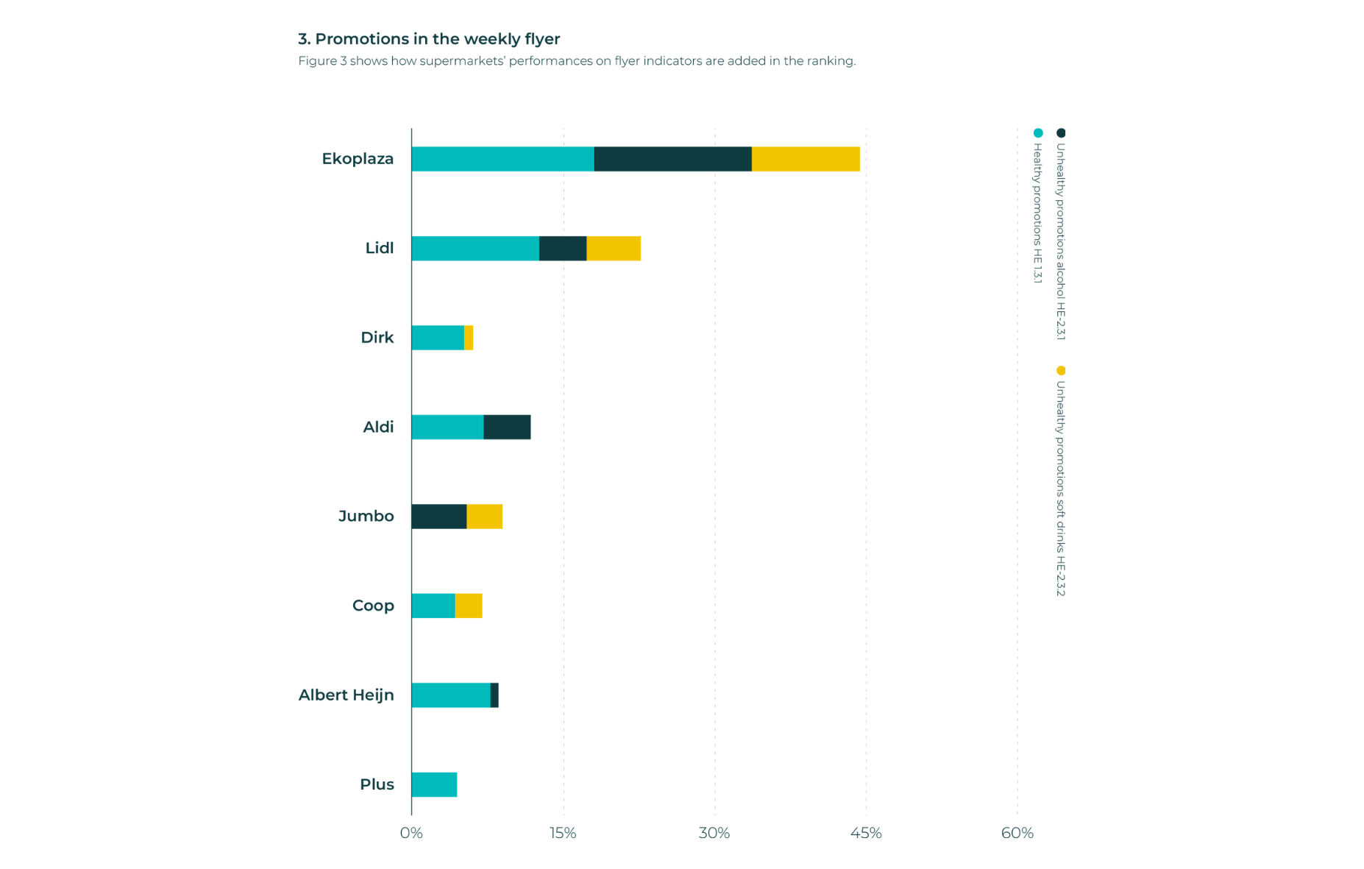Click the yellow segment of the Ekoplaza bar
tap(806, 159)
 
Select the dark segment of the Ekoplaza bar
tap(672, 159)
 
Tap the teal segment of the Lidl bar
tap(475, 249)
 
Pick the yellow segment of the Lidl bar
tap(614, 249)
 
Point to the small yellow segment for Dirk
tap(469, 338)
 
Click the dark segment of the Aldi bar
tap(507, 428)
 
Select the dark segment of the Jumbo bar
tap(439, 517)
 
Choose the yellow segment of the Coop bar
tap(469, 606)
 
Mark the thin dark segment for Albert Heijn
tap(494, 695)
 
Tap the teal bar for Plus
tap(434, 785)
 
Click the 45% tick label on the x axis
tap(866, 834)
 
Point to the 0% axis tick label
tap(411, 834)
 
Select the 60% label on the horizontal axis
tap(1017, 834)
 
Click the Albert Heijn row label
tap(347, 695)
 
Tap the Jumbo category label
tap(366, 517)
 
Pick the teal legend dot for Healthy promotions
tap(1038, 133)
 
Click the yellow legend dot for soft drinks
tap(1061, 370)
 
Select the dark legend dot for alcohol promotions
tap(1061, 133)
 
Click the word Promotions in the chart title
tap(362, 39)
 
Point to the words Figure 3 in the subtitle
tap(322, 61)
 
